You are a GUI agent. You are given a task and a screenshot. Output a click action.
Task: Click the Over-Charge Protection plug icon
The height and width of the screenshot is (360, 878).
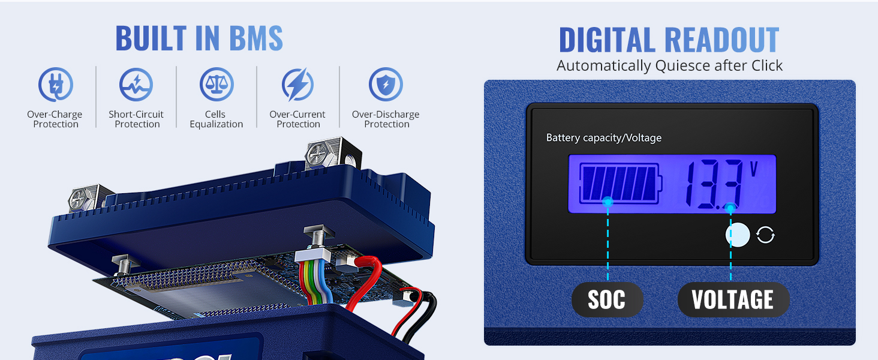(x=55, y=85)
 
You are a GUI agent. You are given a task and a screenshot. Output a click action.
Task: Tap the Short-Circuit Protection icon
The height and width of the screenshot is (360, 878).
(x=136, y=85)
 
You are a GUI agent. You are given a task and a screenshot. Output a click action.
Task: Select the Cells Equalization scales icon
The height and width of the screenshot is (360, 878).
(x=217, y=85)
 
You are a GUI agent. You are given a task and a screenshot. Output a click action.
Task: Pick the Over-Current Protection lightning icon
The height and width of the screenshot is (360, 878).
(x=297, y=85)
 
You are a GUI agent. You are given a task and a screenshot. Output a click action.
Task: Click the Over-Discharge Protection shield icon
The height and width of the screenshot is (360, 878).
(x=386, y=85)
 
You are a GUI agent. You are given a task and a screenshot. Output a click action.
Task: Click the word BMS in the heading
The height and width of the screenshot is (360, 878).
(x=255, y=38)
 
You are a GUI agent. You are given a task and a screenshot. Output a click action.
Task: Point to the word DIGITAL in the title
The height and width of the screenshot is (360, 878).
(x=607, y=40)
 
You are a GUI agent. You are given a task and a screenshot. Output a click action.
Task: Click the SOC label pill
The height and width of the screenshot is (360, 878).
(x=607, y=299)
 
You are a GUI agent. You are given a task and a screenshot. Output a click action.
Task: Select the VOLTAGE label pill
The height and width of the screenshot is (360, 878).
(x=733, y=299)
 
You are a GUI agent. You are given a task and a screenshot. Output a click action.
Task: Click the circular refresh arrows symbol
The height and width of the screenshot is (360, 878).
(x=765, y=235)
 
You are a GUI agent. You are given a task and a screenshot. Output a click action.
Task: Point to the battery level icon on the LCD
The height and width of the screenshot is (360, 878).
(x=621, y=184)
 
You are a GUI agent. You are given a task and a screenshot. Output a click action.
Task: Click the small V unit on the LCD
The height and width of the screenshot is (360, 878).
(x=754, y=169)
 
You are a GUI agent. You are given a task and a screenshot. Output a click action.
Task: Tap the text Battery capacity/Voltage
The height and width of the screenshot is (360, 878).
(x=603, y=138)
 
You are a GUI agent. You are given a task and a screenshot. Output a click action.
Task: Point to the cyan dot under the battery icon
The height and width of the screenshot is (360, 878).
(x=608, y=202)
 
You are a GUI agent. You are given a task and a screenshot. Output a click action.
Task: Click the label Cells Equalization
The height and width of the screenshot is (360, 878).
(x=217, y=119)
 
